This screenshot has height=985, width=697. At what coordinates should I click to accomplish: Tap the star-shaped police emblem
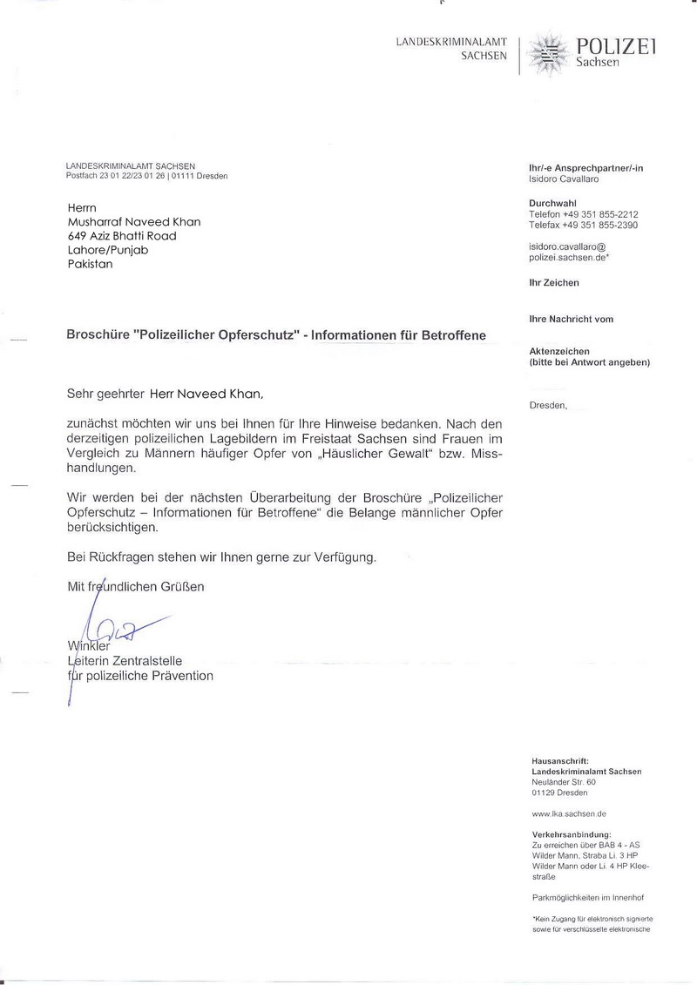pos(549,53)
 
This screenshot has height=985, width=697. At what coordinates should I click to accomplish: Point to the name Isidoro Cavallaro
pos(565,179)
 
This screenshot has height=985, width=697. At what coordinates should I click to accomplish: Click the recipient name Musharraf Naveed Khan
pos(134,221)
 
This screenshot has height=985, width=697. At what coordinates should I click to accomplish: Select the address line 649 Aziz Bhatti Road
pos(122,235)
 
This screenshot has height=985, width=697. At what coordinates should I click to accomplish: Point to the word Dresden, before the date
pos(548,405)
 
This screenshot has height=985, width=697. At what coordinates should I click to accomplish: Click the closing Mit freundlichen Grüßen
pos(136,587)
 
